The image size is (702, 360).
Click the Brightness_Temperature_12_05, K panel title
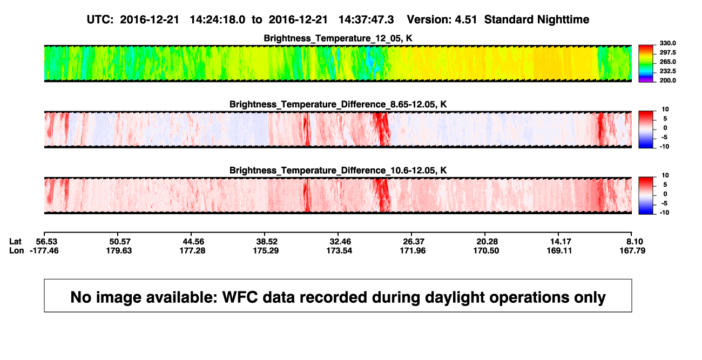tap(338, 38)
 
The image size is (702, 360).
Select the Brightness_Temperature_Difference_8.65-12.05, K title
tap(338, 104)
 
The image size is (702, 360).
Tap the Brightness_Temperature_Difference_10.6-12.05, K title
tap(338, 171)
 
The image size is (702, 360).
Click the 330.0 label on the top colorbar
tap(667, 43)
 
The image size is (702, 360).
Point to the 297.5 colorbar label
tap(667, 52)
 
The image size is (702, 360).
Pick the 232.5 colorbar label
tap(667, 71)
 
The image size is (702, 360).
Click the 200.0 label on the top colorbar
tap(667, 80)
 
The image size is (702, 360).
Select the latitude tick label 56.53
tap(46, 242)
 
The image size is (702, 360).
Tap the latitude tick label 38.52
tap(267, 242)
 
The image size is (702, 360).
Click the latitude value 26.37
tap(414, 242)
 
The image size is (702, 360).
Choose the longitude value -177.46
tap(44, 250)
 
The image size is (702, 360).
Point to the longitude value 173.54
tap(339, 250)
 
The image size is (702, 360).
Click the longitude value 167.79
tap(632, 250)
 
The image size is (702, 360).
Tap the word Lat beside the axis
tap(15, 242)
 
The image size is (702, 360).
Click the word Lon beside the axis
tap(17, 250)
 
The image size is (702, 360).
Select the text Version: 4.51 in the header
tap(442, 20)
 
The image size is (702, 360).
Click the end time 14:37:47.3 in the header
tap(366, 20)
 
